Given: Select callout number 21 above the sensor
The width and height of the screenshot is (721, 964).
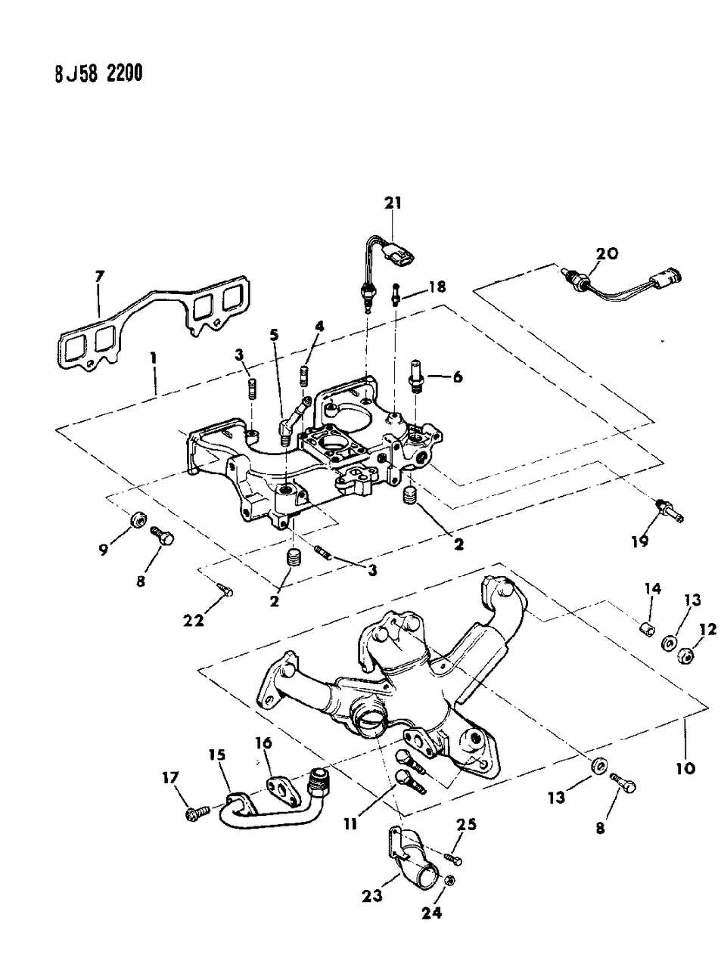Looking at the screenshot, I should (393, 203).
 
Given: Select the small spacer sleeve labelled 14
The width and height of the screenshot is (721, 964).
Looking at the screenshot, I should (645, 630).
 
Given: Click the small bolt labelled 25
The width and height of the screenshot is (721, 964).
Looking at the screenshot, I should (452, 859).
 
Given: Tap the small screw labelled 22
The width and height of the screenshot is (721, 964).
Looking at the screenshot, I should (225, 588).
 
